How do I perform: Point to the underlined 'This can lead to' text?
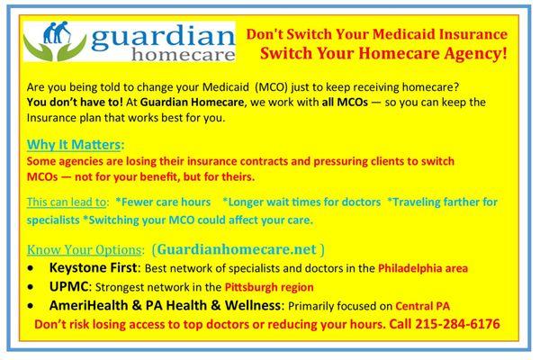[66, 201]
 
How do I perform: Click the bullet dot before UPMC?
[36, 288]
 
